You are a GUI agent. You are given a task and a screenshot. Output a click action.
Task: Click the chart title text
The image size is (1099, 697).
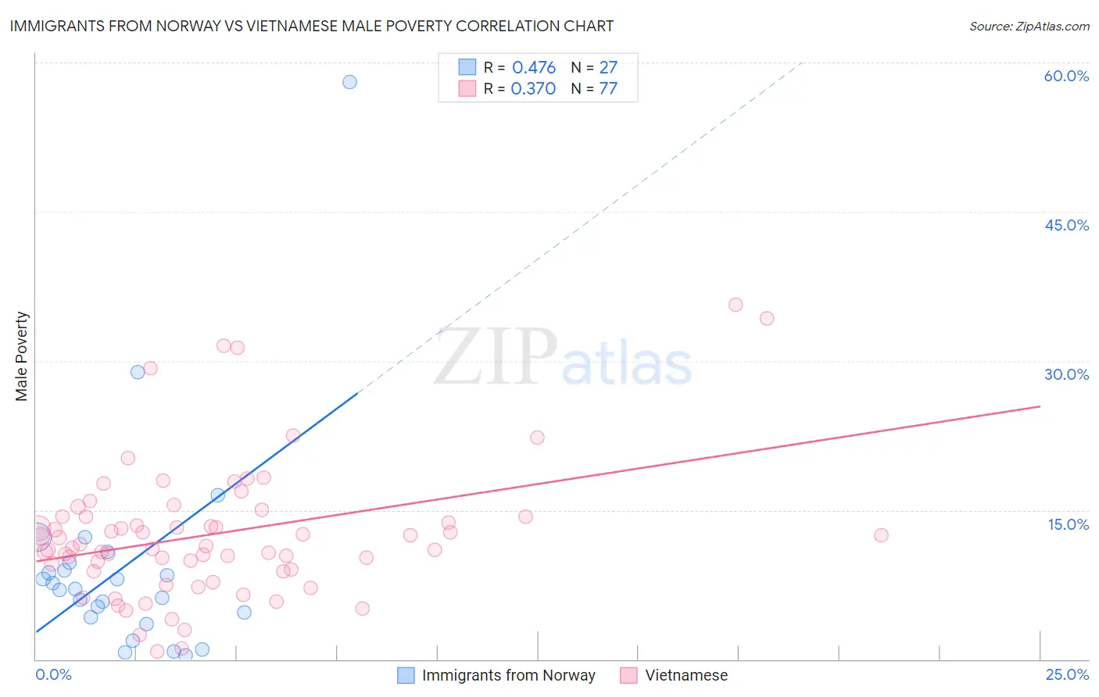[x=311, y=26]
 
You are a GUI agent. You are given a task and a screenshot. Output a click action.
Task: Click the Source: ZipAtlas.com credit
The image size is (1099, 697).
[x=1029, y=26]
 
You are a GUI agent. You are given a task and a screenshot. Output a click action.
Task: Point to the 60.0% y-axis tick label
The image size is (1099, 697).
[x=1066, y=76]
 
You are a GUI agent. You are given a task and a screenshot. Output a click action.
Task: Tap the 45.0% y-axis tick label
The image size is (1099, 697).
[x=1066, y=225]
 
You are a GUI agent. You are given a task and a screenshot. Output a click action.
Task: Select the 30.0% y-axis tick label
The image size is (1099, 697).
[x=1066, y=374]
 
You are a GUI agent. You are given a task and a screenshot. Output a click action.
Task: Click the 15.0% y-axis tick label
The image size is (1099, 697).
[x=1068, y=524]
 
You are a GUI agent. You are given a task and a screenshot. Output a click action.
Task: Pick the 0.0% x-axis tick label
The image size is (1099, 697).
[x=53, y=674]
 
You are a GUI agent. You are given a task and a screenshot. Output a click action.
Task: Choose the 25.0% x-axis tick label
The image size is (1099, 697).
[x=1067, y=674]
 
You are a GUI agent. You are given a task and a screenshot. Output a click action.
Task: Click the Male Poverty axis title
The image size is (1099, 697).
[x=21, y=356]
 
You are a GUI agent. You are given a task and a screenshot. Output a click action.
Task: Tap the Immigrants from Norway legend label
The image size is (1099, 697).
[x=508, y=675]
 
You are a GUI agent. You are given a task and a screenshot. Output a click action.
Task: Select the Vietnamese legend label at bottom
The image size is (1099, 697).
[x=686, y=675]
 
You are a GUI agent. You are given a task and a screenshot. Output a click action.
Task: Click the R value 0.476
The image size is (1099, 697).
[x=534, y=67]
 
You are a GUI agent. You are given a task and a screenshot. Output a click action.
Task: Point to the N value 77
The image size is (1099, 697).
[x=608, y=88]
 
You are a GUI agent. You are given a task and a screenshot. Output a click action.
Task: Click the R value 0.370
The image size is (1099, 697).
[x=533, y=88]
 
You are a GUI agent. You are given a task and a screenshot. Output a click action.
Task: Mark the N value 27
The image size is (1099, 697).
[x=608, y=67]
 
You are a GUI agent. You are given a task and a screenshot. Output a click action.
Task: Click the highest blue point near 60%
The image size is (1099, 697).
[x=349, y=82]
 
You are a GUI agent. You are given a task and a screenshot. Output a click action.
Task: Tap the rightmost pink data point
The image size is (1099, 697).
[x=881, y=535]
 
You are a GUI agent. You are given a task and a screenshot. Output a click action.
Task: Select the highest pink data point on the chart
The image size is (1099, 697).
[x=736, y=305]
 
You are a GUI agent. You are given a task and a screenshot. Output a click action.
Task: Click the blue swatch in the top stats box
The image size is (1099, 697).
[x=467, y=67]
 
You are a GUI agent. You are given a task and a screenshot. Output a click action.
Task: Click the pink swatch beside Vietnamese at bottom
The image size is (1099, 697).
[x=628, y=675]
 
